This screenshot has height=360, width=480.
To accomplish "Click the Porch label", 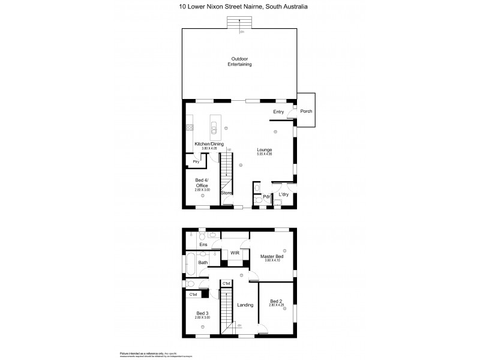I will [x=306, y=112].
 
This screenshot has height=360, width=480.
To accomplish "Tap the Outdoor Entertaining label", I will [x=241, y=61].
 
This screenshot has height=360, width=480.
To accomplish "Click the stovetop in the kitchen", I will [x=189, y=127].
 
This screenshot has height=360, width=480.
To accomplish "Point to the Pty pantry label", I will [x=196, y=162].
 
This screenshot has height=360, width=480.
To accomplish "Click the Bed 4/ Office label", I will [x=202, y=183].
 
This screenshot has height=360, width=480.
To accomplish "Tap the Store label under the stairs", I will [x=226, y=193].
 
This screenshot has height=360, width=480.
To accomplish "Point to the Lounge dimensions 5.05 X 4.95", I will [x=265, y=155].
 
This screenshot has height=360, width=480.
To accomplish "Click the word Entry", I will [x=278, y=112].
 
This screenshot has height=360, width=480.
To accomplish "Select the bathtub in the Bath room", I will [x=190, y=262].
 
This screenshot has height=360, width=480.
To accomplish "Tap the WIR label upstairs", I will [x=236, y=254].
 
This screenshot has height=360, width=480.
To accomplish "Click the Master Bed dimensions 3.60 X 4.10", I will [x=271, y=261].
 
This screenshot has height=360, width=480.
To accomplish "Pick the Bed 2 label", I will [x=275, y=301].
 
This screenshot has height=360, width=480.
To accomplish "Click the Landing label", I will [x=245, y=305].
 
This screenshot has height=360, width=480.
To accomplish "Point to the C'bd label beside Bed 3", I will [x=193, y=295].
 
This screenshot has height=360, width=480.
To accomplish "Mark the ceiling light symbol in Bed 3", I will [x=202, y=326].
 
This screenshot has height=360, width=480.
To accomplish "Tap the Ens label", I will [x=203, y=244].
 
